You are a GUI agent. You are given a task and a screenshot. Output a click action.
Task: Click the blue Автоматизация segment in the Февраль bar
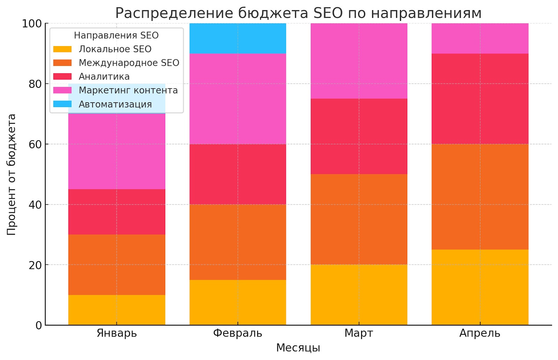click(x=237, y=38)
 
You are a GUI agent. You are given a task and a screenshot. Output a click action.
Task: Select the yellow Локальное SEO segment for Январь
click(x=116, y=310)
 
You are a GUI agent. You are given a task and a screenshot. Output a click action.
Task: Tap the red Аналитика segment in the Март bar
click(x=359, y=136)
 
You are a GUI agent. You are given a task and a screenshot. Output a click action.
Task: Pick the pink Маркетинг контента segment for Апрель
click(x=480, y=38)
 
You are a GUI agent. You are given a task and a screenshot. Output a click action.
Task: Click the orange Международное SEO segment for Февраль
click(x=237, y=242)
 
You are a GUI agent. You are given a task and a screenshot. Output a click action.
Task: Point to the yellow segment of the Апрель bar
click(x=480, y=287)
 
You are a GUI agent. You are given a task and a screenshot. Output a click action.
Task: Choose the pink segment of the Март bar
click(x=359, y=61)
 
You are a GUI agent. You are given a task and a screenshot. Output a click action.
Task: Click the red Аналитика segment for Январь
click(x=116, y=212)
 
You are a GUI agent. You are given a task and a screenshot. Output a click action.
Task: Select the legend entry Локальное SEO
click(x=115, y=49)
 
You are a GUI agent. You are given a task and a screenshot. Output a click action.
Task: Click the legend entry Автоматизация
click(x=115, y=104)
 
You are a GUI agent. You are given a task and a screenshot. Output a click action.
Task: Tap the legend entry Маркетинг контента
click(x=128, y=90)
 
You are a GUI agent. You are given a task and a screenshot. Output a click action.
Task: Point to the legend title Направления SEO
click(x=116, y=36)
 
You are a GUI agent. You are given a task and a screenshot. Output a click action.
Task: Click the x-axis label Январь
click(x=116, y=333)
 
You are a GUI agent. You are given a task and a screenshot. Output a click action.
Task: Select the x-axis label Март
click(x=359, y=333)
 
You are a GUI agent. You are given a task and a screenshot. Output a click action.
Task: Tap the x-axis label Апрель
click(x=480, y=333)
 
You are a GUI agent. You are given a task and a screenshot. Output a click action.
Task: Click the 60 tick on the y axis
click(x=35, y=144)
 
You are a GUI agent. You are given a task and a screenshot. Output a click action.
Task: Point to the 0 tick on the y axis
click(x=39, y=325)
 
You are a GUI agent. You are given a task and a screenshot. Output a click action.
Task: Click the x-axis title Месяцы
click(x=298, y=348)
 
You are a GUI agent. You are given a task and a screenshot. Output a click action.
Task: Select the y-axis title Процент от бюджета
click(x=12, y=174)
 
